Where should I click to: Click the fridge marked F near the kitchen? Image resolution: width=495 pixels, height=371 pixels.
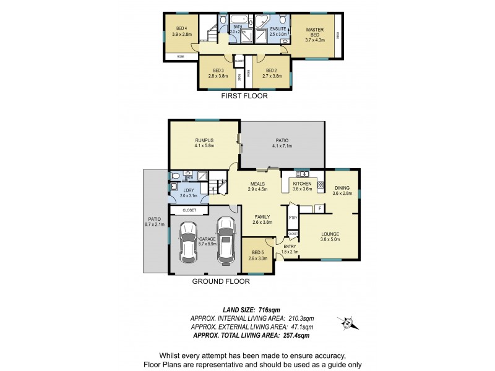(319, 208)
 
